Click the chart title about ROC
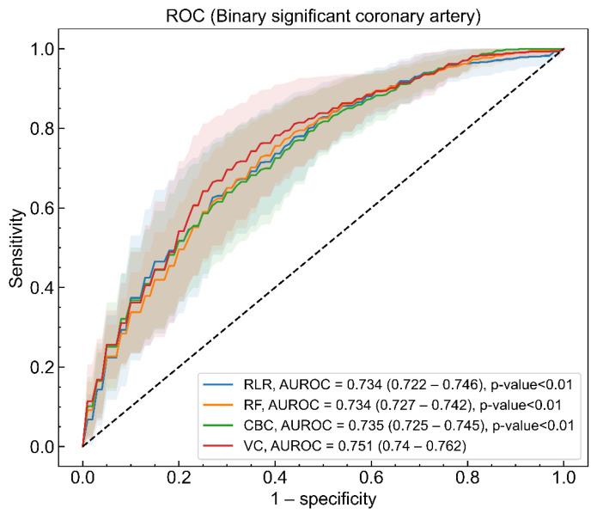[323, 13]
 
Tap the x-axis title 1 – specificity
[323, 497]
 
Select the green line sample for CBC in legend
[219, 424]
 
